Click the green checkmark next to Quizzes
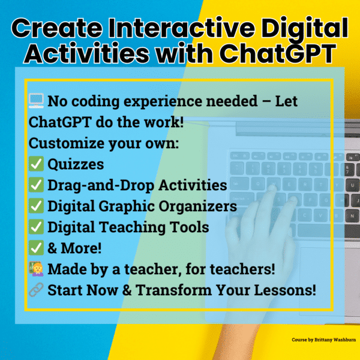pyautogui.click(x=35, y=164)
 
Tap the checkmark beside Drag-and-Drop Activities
pyautogui.click(x=35, y=185)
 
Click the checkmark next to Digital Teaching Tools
pyautogui.click(x=35, y=227)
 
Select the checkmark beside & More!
pyautogui.click(x=35, y=248)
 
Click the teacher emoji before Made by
pyautogui.click(x=35, y=269)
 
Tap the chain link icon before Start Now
pyautogui.click(x=35, y=290)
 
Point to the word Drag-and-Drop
pyautogui.click(x=98, y=185)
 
